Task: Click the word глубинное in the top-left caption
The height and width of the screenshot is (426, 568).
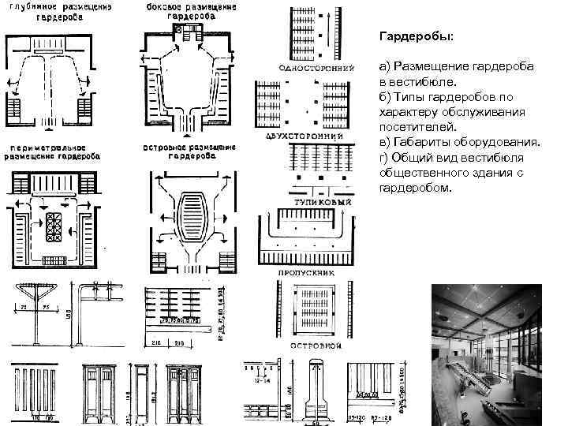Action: (x=32, y=7)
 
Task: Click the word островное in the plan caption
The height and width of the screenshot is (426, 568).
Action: (x=165, y=148)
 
